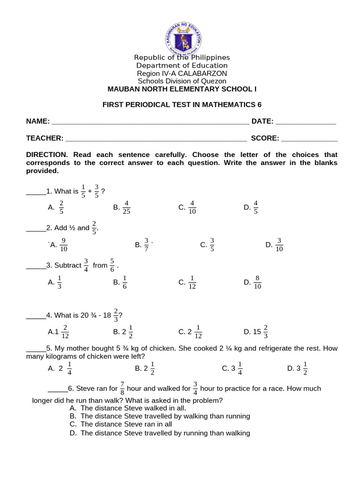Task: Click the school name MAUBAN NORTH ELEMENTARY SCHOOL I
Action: pyautogui.click(x=182, y=89)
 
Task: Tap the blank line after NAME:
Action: pyautogui.click(x=150, y=122)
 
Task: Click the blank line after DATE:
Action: pyautogui.click(x=306, y=122)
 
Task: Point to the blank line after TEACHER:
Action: pyautogui.click(x=156, y=139)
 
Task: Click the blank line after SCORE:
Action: pyautogui.click(x=309, y=139)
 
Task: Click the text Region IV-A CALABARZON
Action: pyautogui.click(x=182, y=74)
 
